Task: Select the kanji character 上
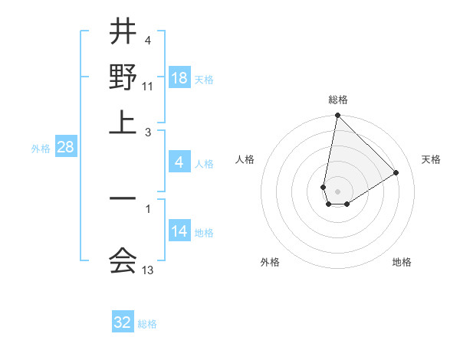tap(123, 123)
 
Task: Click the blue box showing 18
tap(179, 78)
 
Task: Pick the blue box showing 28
tap(65, 147)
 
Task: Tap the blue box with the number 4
tap(179, 162)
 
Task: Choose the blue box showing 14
tap(179, 231)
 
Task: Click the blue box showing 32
tap(123, 322)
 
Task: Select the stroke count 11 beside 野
tap(148, 87)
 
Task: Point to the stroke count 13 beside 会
tap(148, 270)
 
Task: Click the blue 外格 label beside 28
tap(40, 149)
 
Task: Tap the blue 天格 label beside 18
tap(204, 80)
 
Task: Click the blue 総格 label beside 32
tap(147, 324)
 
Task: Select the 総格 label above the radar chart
tap(337, 100)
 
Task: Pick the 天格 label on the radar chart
tap(431, 159)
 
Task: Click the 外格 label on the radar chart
tap(270, 262)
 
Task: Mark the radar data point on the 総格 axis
tap(337, 116)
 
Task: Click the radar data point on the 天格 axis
tap(396, 172)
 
